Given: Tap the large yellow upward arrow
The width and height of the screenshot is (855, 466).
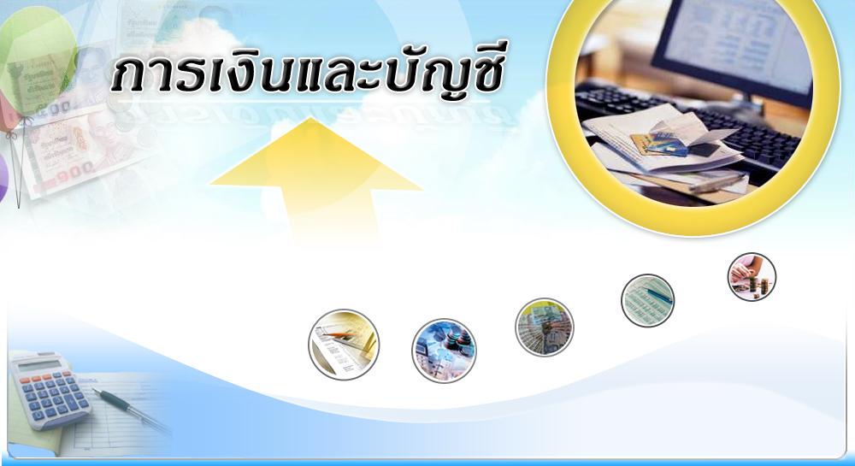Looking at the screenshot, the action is coord(317,180).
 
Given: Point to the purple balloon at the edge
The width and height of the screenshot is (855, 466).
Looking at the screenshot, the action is coord(3,178).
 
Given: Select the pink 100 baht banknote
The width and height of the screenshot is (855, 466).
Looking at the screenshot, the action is coord(76,152).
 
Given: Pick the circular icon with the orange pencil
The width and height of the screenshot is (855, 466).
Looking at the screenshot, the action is coord(344,345).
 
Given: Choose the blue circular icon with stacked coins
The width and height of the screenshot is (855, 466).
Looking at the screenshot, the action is coord(444,351).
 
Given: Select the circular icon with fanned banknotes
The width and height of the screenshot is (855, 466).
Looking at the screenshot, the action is coord(544,327).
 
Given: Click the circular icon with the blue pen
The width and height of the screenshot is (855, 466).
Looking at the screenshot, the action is coord(648,300).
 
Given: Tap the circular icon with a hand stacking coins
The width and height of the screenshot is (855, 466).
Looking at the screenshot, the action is coord(752,277).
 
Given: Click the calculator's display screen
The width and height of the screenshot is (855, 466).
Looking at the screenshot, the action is coord(38,364).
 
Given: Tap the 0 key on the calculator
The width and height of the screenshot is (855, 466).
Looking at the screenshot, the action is coord(38,416).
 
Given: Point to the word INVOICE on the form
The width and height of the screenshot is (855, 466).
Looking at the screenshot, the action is coord(87,380).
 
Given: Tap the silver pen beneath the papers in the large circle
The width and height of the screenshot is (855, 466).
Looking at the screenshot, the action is coord(718,182).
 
